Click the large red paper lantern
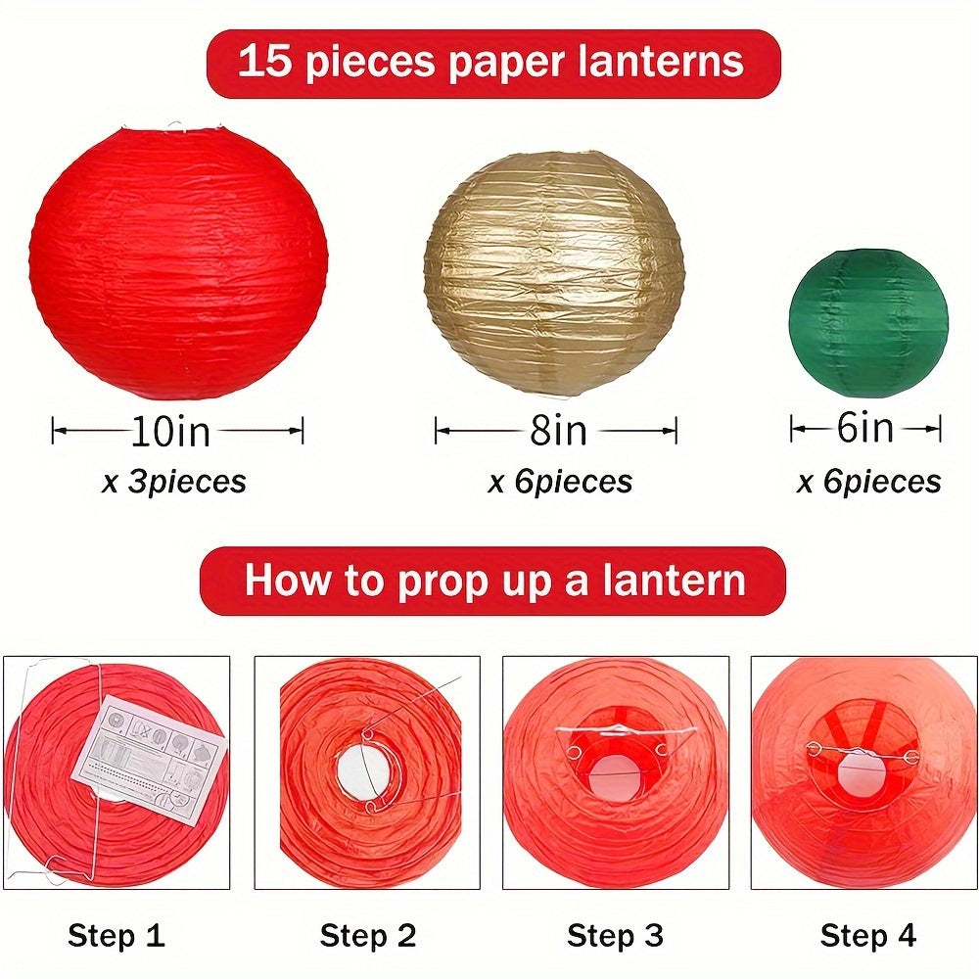pos(178,262)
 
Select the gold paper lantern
pos(554,274)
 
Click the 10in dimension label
pos(171,431)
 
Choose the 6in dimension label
pos(865,428)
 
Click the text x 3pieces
pos(174,482)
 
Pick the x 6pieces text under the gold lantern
pos(560,482)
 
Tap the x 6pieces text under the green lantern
pos(868,482)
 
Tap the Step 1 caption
pos(116,936)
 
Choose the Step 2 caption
pos(367,936)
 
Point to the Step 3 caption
pos(617,936)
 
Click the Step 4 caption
pos(867,936)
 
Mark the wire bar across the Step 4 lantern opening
pos(863,752)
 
